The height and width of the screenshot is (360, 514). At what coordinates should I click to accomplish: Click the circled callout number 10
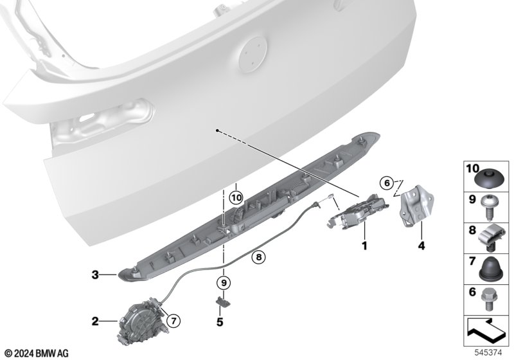(x=236, y=198)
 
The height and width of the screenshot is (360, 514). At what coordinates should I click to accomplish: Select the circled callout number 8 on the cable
(x=259, y=257)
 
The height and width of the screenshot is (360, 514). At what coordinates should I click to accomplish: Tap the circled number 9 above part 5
(x=224, y=282)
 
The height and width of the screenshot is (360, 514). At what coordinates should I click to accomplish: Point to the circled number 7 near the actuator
(x=173, y=320)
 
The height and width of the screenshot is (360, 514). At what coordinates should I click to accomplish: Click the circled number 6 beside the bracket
(x=387, y=183)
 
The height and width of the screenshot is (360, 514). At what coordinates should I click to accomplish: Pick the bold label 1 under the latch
(x=364, y=245)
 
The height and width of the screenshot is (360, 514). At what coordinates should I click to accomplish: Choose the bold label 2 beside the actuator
(x=95, y=321)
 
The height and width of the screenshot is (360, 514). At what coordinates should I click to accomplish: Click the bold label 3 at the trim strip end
(x=95, y=274)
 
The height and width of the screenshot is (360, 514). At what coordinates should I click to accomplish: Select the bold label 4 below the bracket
(x=421, y=246)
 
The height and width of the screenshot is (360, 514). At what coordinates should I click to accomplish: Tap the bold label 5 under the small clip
(x=220, y=322)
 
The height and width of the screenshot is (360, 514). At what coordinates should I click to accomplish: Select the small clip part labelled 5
(x=223, y=301)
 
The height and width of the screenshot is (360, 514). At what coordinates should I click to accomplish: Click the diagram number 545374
(x=488, y=353)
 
